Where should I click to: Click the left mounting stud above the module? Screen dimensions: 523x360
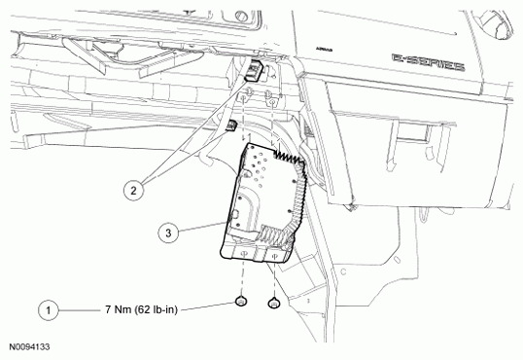(247, 96)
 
